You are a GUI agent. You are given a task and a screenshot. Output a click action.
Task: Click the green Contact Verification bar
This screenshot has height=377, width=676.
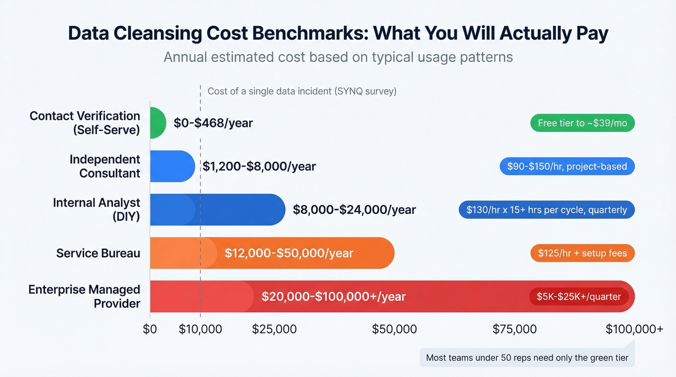click(158, 123)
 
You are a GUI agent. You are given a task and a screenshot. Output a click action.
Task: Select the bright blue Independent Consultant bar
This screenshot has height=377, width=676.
click(172, 166)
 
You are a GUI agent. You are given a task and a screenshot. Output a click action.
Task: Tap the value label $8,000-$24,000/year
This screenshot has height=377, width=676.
click(354, 209)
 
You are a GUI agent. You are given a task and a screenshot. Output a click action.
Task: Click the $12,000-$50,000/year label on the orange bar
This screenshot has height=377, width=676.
click(289, 253)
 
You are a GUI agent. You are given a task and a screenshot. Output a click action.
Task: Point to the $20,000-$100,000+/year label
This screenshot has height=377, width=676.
click(333, 296)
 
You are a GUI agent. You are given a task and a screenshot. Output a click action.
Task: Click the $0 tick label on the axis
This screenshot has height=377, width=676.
click(150, 329)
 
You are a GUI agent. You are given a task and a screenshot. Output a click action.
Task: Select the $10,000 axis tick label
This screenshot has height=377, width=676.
click(200, 329)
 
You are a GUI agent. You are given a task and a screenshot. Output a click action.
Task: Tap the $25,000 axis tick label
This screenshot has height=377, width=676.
click(274, 329)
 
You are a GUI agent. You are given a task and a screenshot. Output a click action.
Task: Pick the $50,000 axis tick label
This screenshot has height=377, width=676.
click(394, 329)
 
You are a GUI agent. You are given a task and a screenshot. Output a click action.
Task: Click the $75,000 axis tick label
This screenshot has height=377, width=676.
click(514, 329)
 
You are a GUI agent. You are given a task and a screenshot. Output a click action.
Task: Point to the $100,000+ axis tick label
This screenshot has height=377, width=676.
click(634, 329)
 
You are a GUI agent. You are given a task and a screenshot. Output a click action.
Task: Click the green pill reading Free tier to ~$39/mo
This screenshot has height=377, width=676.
click(582, 123)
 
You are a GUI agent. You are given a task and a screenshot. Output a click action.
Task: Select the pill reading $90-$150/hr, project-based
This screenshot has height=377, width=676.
click(567, 167)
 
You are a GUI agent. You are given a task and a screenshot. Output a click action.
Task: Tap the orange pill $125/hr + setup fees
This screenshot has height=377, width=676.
click(582, 253)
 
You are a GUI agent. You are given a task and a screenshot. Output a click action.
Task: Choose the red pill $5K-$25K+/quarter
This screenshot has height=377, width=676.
click(578, 296)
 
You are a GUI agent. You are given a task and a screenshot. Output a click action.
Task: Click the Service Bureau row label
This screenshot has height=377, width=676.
click(98, 253)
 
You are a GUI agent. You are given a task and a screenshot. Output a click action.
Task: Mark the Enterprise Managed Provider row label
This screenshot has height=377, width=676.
click(84, 296)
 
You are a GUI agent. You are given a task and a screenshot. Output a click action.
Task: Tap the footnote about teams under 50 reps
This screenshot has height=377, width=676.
click(527, 358)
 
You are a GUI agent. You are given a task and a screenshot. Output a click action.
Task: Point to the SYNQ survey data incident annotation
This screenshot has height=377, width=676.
click(302, 91)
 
